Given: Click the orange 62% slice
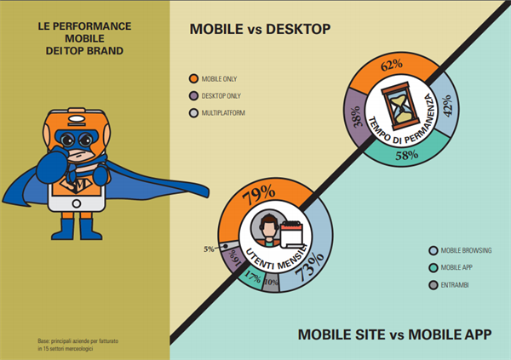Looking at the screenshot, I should pyautogui.click(x=392, y=66).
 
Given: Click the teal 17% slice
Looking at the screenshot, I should pyautogui.click(x=252, y=277).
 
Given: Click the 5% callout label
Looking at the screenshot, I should pyautogui.click(x=209, y=249).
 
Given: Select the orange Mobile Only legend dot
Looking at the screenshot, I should pyautogui.click(x=194, y=79).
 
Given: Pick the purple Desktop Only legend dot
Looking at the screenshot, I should pyautogui.click(x=194, y=96).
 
